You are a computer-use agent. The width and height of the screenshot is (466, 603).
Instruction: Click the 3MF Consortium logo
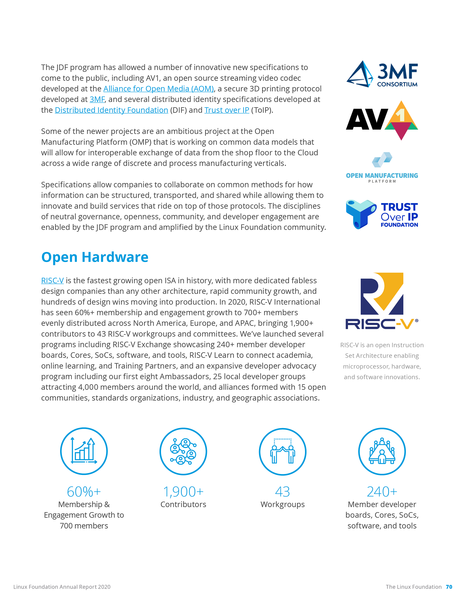click(x=382, y=74)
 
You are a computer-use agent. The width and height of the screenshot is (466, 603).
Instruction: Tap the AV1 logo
click(x=382, y=120)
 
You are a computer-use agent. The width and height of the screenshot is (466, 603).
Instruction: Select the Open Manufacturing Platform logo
click(x=382, y=168)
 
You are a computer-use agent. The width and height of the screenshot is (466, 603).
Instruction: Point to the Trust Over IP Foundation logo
click(x=382, y=215)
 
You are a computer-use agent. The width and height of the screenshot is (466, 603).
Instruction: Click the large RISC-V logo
click(x=382, y=301)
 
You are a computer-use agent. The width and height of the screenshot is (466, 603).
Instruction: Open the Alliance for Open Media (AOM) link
click(x=158, y=89)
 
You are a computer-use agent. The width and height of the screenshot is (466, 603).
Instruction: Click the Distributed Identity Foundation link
click(x=111, y=110)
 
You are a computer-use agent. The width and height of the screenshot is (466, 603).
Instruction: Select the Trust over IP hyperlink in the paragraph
click(x=226, y=110)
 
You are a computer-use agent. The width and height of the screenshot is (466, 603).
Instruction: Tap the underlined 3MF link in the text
click(x=97, y=99)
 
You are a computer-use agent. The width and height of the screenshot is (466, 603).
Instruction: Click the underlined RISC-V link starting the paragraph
click(x=52, y=281)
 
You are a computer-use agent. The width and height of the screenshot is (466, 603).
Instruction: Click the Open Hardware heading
click(x=95, y=257)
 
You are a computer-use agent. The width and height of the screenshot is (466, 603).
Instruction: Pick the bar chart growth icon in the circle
click(x=84, y=451)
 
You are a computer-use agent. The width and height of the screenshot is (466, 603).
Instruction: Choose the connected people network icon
click(x=183, y=451)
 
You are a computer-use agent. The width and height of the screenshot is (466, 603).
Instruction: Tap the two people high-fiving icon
click(x=282, y=451)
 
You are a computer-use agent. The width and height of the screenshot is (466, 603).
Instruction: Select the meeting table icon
click(x=382, y=451)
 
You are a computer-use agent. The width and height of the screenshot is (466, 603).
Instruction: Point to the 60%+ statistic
click(x=84, y=492)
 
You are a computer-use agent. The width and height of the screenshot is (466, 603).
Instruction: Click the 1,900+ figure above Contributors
click(x=183, y=492)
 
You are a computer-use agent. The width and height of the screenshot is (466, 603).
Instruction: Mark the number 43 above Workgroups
click(x=282, y=492)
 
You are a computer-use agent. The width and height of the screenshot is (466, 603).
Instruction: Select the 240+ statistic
click(x=382, y=492)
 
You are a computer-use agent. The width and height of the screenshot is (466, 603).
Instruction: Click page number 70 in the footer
click(x=449, y=587)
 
